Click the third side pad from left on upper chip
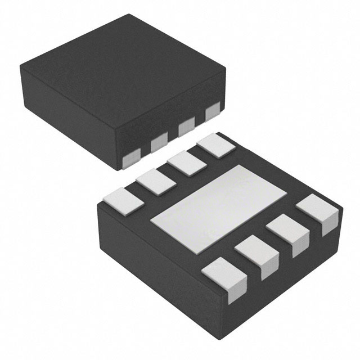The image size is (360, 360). [186, 128]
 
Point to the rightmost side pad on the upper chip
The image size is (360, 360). [212, 112]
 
